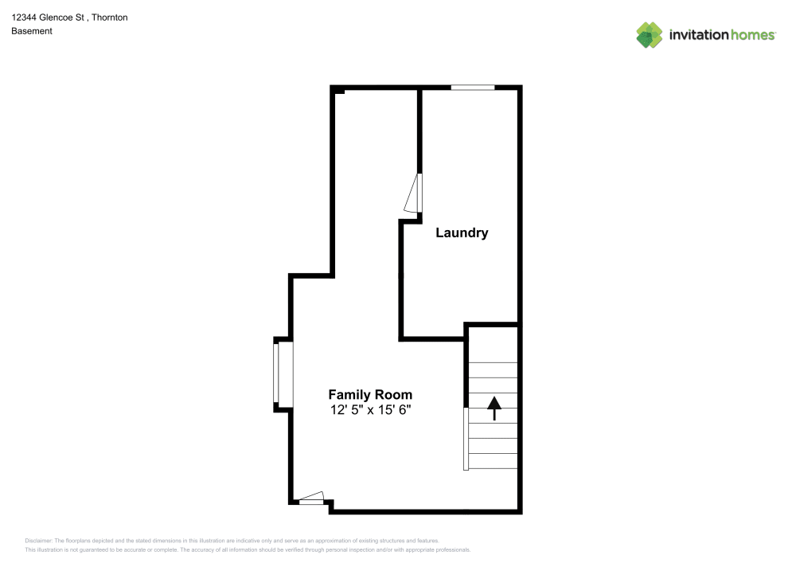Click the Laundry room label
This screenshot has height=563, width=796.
[x=462, y=233]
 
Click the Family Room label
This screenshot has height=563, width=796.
[x=370, y=394]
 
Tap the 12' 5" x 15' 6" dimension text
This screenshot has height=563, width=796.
[x=370, y=410]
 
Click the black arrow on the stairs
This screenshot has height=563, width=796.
[x=494, y=408]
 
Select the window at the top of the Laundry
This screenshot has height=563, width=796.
[x=473, y=87]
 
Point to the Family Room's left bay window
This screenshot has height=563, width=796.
[x=276, y=373]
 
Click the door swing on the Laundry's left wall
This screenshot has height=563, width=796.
[x=413, y=194]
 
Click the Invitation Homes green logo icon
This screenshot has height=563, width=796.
[x=650, y=34]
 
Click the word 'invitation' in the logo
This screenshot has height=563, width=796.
[x=697, y=35]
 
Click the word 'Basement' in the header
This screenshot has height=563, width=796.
[x=32, y=31]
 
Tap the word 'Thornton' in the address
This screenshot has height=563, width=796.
[x=110, y=17]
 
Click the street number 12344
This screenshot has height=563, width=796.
[x=25, y=17]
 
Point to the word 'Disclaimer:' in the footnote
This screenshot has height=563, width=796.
[x=38, y=541]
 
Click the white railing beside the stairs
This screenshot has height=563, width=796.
[x=466, y=438]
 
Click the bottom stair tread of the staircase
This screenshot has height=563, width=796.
[x=494, y=461]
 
